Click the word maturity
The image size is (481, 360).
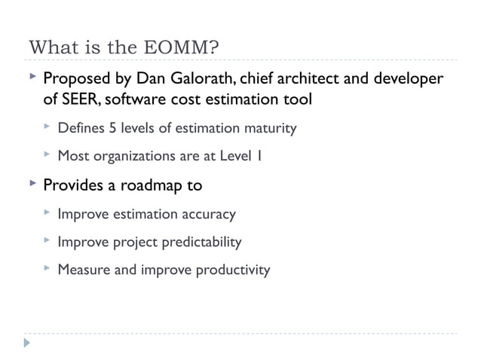tap(271, 128)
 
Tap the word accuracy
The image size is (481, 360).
tap(209, 214)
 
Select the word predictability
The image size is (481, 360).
tap(201, 242)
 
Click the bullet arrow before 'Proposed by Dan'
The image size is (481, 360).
tap(30, 78)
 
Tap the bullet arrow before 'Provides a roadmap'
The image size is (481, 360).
tap(30, 184)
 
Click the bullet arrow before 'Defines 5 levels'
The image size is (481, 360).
tap(47, 127)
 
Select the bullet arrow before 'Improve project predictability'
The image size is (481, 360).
tap(47, 241)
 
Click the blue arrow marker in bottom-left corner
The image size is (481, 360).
tap(28, 344)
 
